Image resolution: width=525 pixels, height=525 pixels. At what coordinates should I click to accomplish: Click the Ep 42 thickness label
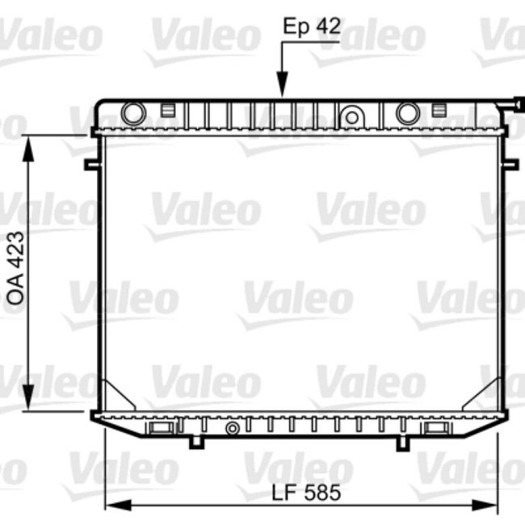tap(312, 26)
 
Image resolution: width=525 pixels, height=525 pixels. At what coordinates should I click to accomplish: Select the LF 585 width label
tap(306, 492)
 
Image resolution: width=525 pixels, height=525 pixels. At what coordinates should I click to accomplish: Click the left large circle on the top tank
tap(133, 113)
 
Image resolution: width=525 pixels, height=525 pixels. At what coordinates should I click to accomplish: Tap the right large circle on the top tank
tap(409, 113)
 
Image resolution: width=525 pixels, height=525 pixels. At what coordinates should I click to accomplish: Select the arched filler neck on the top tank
tap(352, 115)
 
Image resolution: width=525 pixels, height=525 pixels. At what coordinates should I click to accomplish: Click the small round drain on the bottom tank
tap(233, 427)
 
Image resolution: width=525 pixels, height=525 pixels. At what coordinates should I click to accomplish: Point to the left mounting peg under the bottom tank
tap(195, 442)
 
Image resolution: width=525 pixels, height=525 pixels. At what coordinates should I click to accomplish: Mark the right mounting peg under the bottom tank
tap(402, 443)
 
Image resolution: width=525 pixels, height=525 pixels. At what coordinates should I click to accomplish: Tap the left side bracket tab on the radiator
tap(90, 164)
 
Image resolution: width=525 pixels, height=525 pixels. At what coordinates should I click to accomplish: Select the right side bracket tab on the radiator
tap(510, 164)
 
